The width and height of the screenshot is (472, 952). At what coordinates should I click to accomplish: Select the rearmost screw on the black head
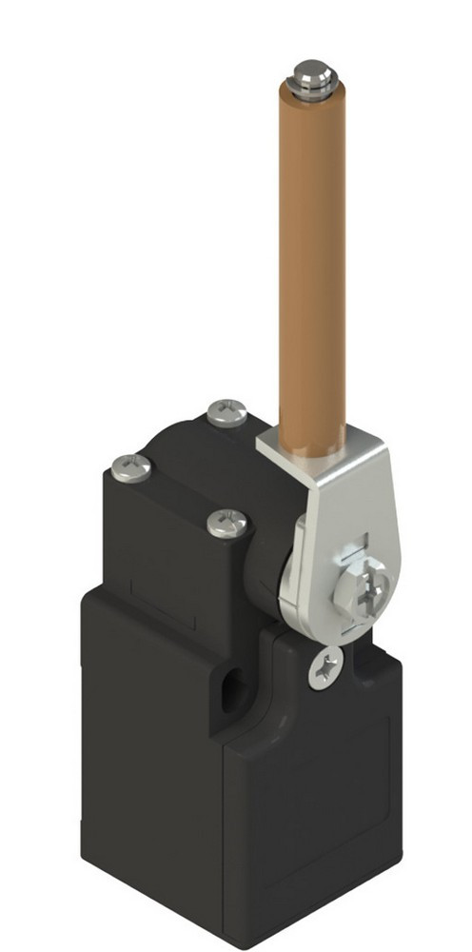click(226, 412)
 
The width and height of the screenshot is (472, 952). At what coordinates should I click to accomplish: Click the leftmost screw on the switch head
click(131, 466)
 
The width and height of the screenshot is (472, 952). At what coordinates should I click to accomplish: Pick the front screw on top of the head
click(228, 522)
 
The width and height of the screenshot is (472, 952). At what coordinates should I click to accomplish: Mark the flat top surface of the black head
click(181, 466)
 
